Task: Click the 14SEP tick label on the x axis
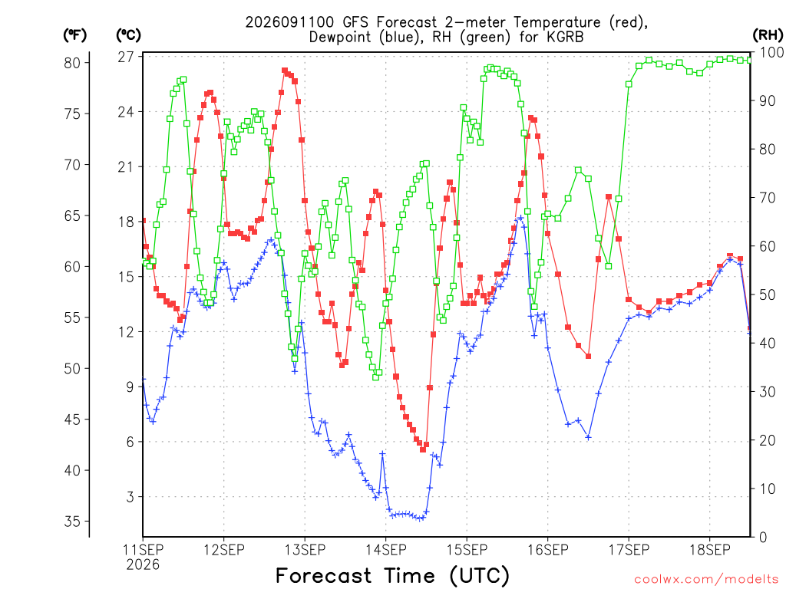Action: (385, 550)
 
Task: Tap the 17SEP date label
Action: (629, 550)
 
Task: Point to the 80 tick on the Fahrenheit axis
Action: (72, 63)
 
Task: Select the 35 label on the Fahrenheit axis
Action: (72, 522)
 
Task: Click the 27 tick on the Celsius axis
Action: (126, 57)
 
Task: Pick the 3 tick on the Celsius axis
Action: (130, 497)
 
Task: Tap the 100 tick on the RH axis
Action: (772, 52)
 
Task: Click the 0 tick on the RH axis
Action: (763, 538)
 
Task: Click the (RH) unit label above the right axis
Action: (768, 35)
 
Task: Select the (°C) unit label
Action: (128, 35)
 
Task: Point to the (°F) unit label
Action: (74, 35)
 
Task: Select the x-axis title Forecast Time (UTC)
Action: (392, 575)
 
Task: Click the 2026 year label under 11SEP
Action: (143, 565)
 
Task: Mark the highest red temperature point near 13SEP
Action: (285, 71)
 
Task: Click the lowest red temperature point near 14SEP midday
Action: (423, 449)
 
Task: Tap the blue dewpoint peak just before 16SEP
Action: (521, 218)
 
